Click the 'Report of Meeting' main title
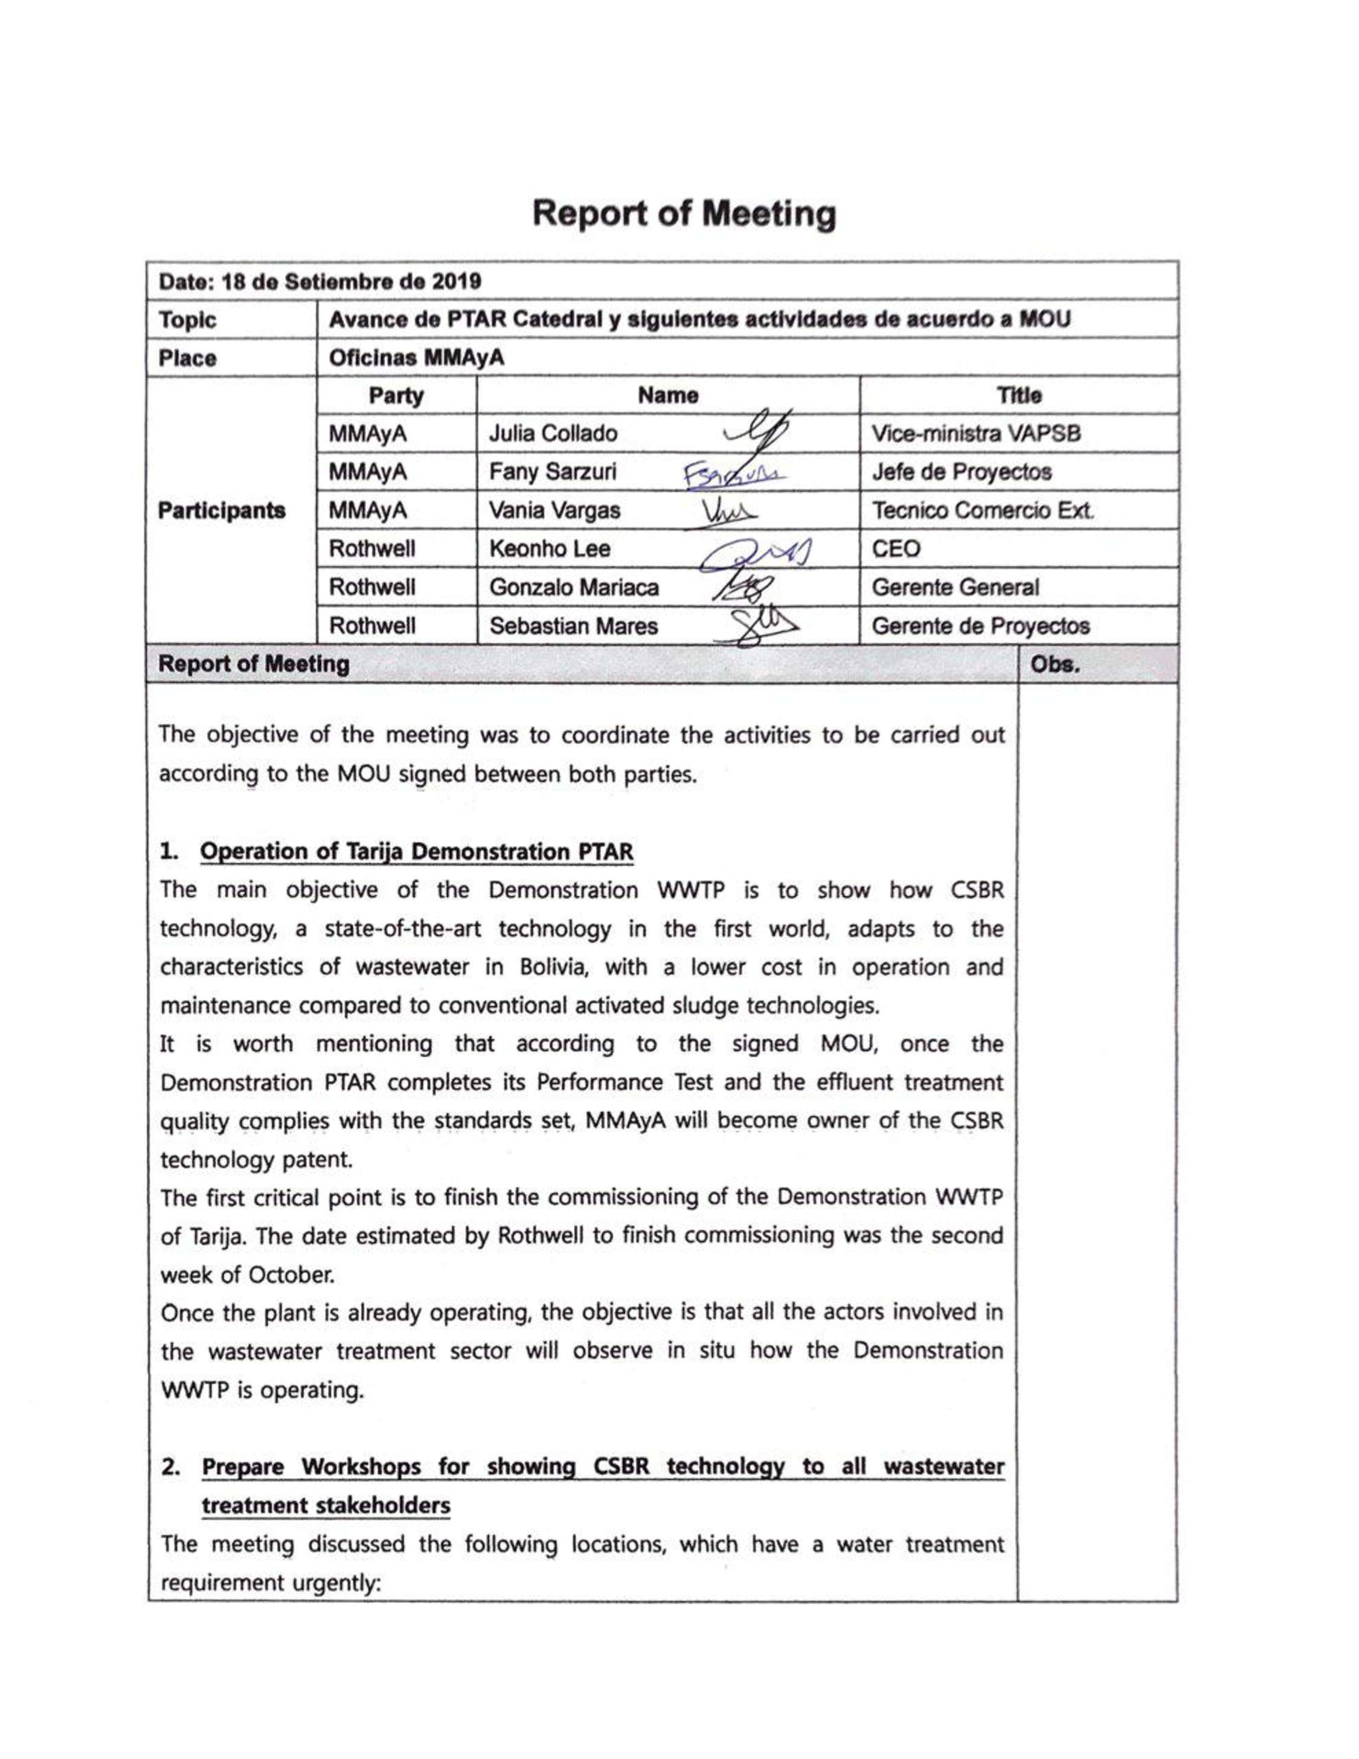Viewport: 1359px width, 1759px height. (x=684, y=214)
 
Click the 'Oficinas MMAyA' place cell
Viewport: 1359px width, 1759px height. (x=416, y=358)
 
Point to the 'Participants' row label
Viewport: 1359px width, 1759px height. (x=222, y=510)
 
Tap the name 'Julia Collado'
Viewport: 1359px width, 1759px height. (x=553, y=434)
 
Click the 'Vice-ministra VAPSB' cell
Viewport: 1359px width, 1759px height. (x=976, y=434)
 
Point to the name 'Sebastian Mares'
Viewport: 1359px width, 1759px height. (x=573, y=626)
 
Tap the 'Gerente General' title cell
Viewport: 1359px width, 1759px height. (x=955, y=587)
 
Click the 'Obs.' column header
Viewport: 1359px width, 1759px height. (x=1055, y=665)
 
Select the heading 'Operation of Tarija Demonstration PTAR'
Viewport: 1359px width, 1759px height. (x=416, y=852)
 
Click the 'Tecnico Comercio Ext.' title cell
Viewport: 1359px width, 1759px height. (x=982, y=510)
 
